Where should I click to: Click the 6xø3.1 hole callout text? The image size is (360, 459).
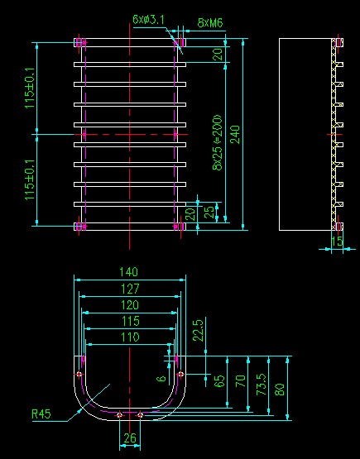[x=148, y=20]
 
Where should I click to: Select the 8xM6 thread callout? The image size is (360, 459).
[x=210, y=23]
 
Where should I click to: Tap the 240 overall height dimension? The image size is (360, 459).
[x=235, y=134]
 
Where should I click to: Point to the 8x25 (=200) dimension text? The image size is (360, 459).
[x=218, y=142]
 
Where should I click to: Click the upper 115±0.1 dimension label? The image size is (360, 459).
[x=30, y=88]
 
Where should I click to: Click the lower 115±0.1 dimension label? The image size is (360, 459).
[x=30, y=179]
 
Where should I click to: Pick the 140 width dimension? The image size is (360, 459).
[x=128, y=272]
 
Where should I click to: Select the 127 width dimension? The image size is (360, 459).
[x=130, y=289]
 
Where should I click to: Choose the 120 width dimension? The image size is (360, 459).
[x=130, y=305]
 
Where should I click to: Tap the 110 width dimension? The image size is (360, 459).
[x=130, y=337]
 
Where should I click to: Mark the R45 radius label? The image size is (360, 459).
[x=41, y=414]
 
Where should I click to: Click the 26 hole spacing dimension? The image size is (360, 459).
[x=130, y=438]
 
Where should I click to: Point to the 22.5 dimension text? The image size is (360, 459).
[x=198, y=330]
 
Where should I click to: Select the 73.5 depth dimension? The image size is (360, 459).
[x=262, y=385]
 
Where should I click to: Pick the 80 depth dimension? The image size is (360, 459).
[x=280, y=390]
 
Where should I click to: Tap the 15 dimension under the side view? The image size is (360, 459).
[x=337, y=241]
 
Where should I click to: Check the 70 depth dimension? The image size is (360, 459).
[x=241, y=381]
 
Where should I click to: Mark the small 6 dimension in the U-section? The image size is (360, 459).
[x=161, y=379]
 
